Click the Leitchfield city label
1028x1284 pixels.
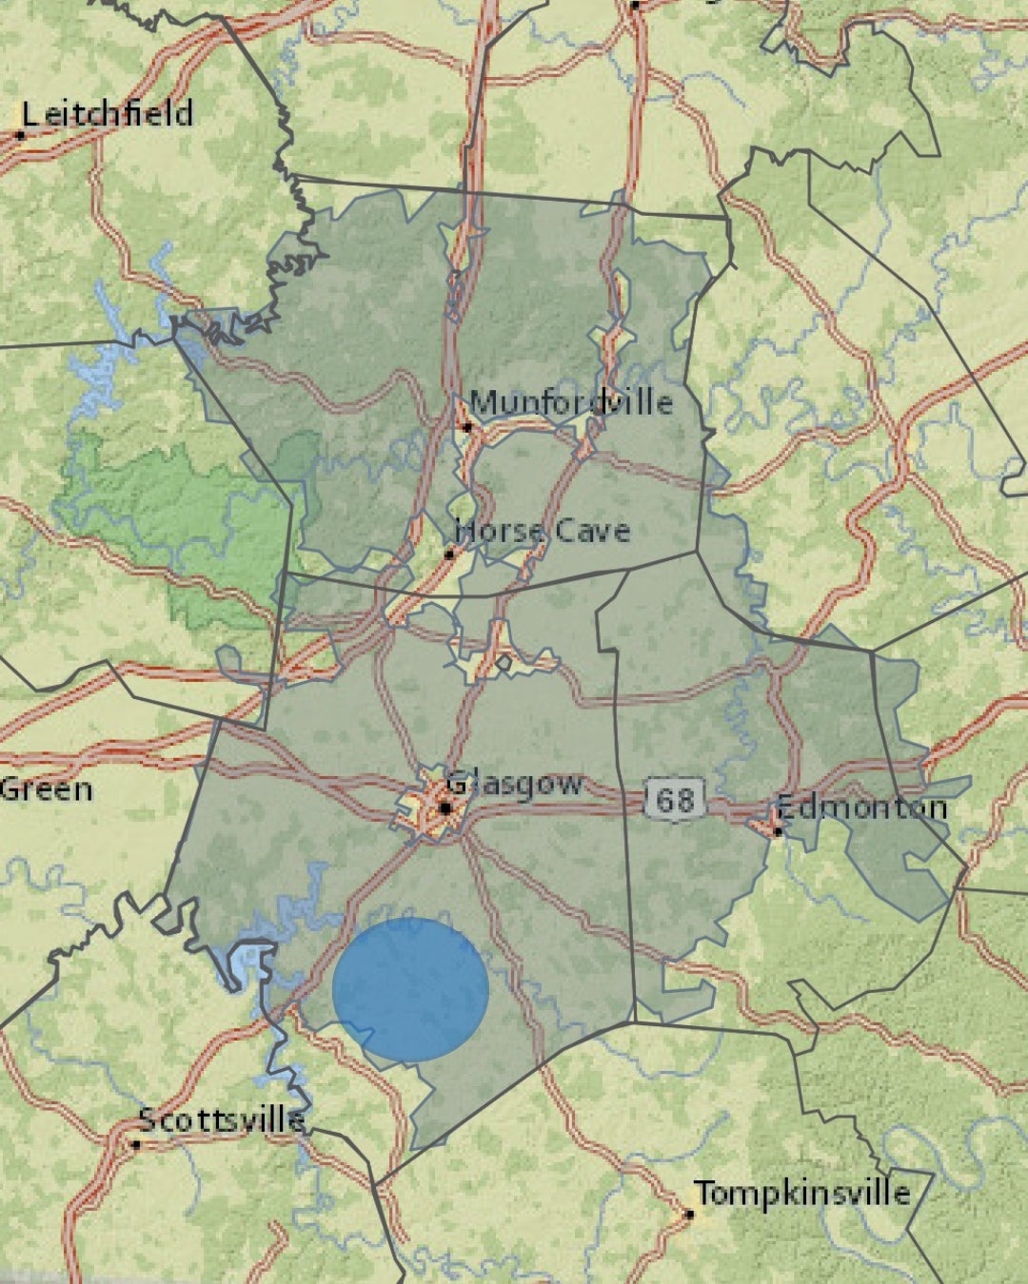tap(107, 114)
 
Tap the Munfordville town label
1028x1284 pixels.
tap(570, 402)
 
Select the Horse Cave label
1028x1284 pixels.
tap(543, 531)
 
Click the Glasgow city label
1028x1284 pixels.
tap(514, 785)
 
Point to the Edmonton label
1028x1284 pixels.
tap(861, 808)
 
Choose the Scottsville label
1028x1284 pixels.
tap(222, 1120)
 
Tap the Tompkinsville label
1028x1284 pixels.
tap(801, 1193)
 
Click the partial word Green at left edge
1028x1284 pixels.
tap(46, 789)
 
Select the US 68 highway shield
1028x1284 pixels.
tap(675, 799)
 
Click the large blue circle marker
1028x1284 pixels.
tap(411, 990)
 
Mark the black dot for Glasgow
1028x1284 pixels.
tap(445, 808)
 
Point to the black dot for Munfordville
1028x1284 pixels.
tap(467, 427)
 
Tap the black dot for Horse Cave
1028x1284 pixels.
tap(449, 554)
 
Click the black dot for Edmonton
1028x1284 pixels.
tap(778, 832)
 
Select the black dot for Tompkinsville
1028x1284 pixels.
tap(688, 1215)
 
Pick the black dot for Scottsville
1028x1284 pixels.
tap(135, 1144)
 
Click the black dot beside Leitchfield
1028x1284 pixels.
tap(20, 136)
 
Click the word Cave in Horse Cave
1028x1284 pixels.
tap(591, 531)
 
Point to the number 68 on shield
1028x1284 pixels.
tap(675, 800)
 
